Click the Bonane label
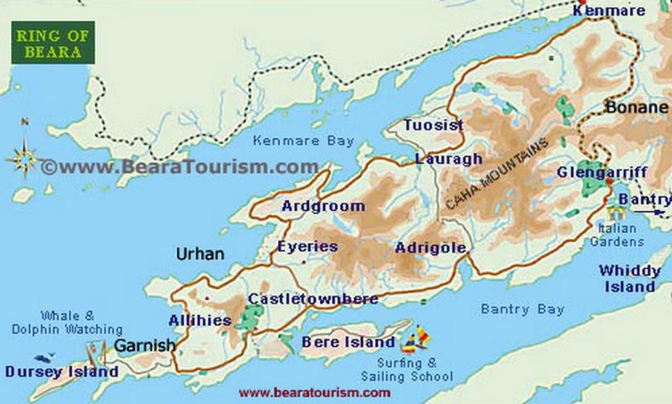click(636, 107)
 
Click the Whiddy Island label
click(628, 278)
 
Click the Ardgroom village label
click(323, 205)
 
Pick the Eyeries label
click(307, 246)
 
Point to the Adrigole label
click(430, 247)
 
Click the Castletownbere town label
click(312, 298)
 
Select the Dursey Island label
click(61, 372)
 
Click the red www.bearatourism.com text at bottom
click(314, 392)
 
